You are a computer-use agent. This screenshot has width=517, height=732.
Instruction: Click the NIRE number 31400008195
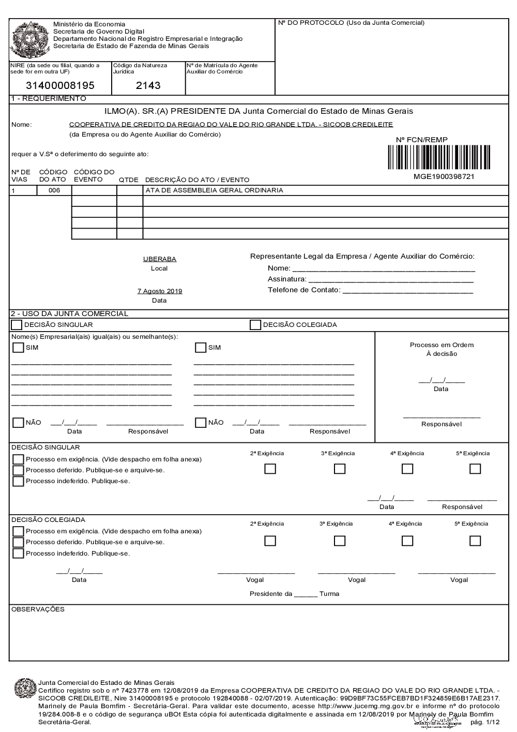60,86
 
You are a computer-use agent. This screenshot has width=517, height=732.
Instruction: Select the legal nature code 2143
148,86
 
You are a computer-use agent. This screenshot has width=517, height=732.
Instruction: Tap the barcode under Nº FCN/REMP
438,157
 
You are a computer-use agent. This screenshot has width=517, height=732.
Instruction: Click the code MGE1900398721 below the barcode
444,176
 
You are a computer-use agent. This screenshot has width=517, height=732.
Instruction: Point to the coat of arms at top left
30,39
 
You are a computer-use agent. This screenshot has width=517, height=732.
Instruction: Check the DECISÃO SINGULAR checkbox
17,325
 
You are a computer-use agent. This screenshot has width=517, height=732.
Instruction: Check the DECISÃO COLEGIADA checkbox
255,325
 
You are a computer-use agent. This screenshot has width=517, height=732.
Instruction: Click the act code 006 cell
54,190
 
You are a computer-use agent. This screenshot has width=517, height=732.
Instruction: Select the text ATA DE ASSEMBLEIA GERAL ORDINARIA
214,190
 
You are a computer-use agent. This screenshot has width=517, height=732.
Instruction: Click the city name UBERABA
160,259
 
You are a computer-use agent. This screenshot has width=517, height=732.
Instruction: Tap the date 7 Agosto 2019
160,291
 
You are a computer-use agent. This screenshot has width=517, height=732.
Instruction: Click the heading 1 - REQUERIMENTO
49,99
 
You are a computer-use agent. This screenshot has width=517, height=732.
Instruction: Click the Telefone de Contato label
304,290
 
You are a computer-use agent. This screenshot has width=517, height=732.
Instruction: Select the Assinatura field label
287,279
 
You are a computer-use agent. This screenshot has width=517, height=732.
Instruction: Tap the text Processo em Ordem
442,345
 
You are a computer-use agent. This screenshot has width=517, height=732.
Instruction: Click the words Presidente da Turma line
294,594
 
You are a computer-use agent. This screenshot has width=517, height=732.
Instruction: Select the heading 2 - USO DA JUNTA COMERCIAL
69,313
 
